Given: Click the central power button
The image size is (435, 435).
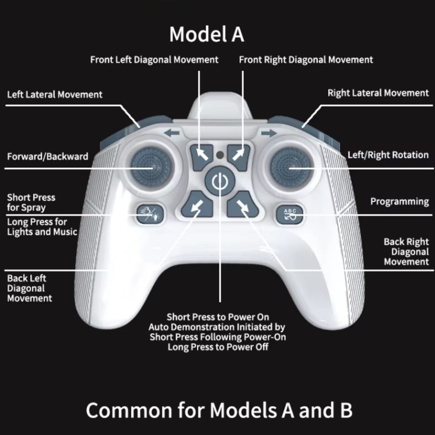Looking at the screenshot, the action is tap(218, 182).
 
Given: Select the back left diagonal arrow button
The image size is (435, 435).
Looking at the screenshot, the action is tap(197, 206).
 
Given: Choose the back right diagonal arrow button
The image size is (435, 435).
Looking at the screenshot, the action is tap(241, 207).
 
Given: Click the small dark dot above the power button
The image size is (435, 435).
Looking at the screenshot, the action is tap(220, 155).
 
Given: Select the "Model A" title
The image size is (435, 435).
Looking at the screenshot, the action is tap(207, 34).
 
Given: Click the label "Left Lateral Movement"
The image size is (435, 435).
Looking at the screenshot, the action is tap(55, 95).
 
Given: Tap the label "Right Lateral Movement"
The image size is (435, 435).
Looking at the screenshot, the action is tap(378, 93).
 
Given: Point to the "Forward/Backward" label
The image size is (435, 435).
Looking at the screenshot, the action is tap(48, 157).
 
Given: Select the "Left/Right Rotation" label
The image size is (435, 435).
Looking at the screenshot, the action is tap(388, 155).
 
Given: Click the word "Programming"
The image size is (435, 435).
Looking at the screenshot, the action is tap(399, 201).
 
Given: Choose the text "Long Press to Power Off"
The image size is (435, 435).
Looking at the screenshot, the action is tap(218, 347).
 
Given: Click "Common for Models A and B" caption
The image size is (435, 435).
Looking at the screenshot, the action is tap(219, 410).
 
